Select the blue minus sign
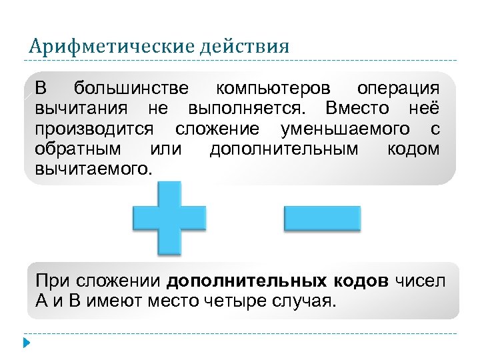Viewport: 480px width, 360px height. (322, 219)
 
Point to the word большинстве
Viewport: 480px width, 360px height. (131, 89)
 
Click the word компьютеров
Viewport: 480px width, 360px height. (272, 89)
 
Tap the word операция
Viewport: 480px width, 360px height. (398, 89)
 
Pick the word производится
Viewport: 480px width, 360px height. (94, 128)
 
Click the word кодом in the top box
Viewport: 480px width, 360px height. (413, 148)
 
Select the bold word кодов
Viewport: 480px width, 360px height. (359, 280)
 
